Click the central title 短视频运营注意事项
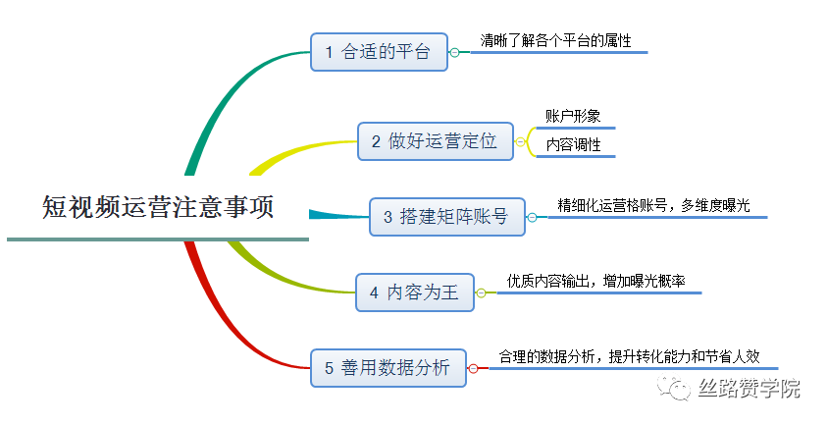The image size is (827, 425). tap(158, 206)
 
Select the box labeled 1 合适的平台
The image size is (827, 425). tap(379, 52)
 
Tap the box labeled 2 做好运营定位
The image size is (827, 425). tap(436, 141)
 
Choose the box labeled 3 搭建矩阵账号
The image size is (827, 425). tap(447, 217)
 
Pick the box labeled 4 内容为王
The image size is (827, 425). tap(415, 292)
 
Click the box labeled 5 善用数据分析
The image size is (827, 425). tap(388, 367)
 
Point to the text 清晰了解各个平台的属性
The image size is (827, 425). tap(556, 40)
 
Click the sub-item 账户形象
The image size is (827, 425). tap(573, 116)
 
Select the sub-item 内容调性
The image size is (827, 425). tap(573, 144)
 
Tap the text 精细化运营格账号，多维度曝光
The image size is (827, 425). tap(653, 205)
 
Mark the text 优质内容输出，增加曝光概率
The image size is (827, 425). tap(596, 281)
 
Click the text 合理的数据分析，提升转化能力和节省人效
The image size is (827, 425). tap(629, 356)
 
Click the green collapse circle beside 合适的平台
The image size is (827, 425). tap(454, 52)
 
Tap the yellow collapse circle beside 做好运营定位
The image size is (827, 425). tap(520, 141)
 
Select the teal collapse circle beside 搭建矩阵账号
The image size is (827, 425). tap(532, 217)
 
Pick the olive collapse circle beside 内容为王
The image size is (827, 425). tap(481, 292)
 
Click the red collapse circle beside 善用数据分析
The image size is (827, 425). tap(473, 368)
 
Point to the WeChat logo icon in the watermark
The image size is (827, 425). tap(674, 388)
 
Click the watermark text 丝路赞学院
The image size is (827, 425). tap(749, 389)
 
